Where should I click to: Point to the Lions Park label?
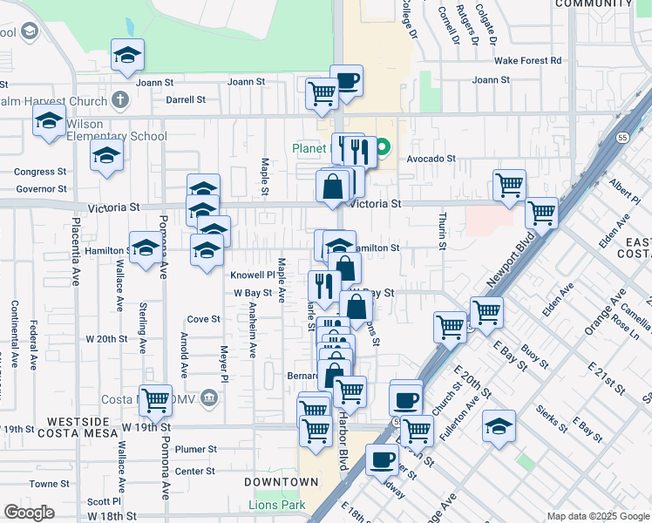click(x=277, y=505)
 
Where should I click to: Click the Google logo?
click(x=29, y=513)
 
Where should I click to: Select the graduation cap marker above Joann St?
click(x=128, y=57)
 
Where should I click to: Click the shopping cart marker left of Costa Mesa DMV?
click(x=155, y=401)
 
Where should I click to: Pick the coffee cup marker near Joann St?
click(x=347, y=82)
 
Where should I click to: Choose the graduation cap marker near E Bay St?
click(x=499, y=426)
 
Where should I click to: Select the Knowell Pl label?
click(x=252, y=275)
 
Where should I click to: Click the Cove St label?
click(x=203, y=319)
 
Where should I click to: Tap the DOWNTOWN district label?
click(x=281, y=482)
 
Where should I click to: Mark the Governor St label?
click(x=41, y=188)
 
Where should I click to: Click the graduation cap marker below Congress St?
click(x=106, y=157)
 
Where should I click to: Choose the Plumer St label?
click(x=195, y=450)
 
